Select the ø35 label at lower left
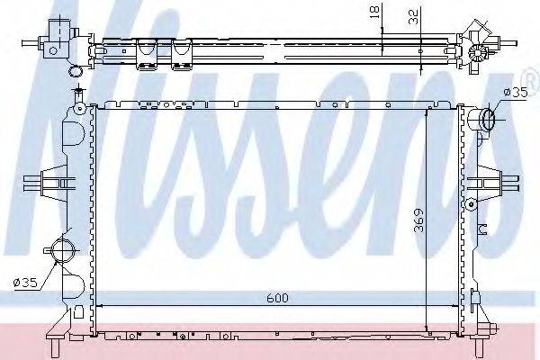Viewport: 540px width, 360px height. pos(25,283)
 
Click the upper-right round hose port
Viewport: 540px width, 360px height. pos(487,118)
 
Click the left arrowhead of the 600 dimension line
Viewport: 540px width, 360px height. pos(99,306)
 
